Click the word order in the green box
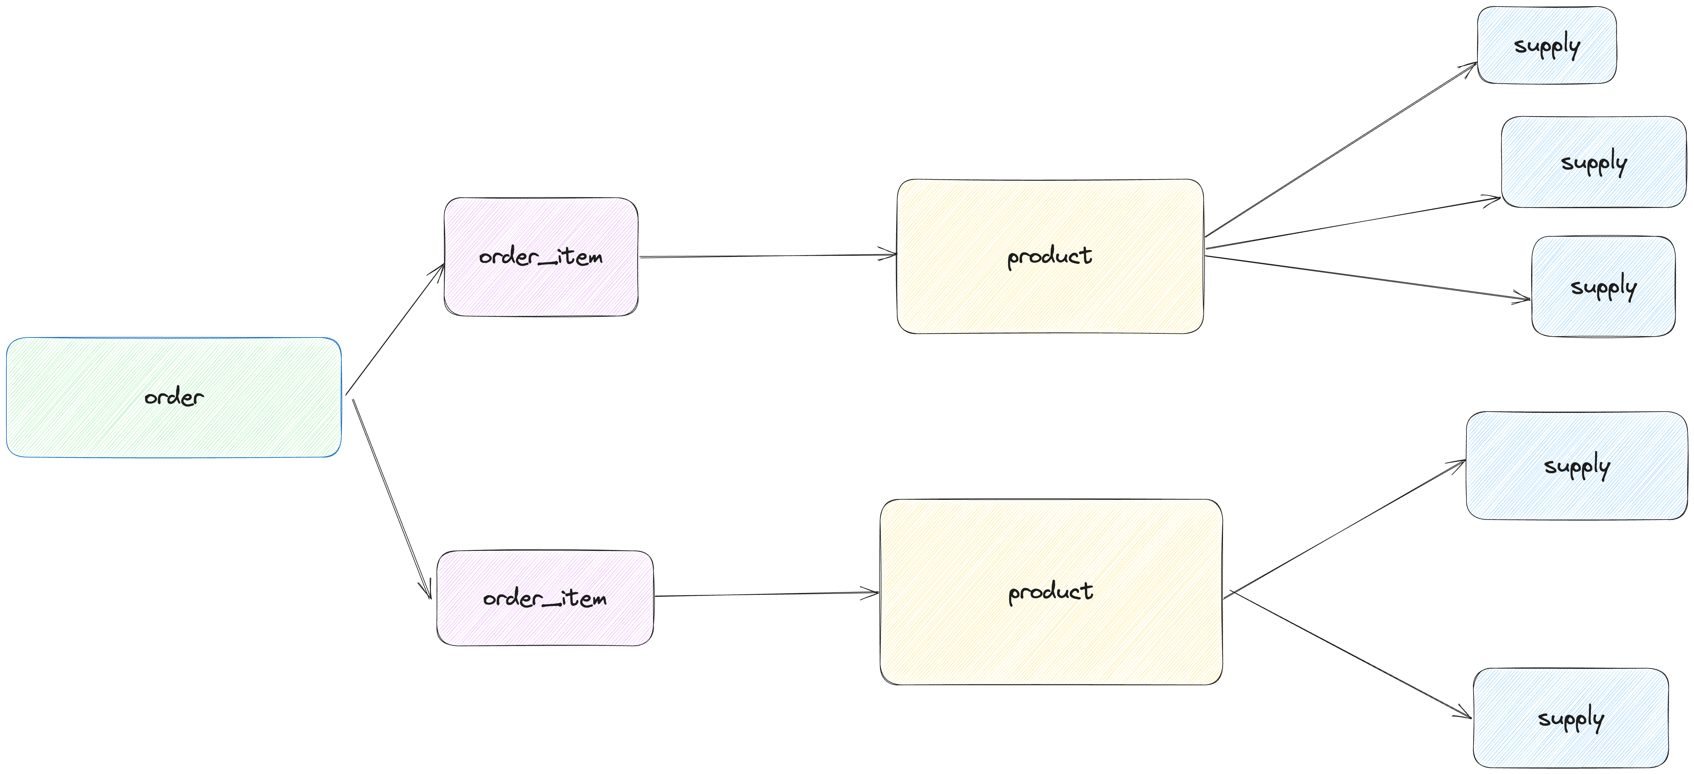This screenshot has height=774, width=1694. (174, 397)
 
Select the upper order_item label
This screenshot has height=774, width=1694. (541, 256)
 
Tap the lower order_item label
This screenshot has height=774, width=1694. (544, 598)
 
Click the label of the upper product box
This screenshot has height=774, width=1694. (1050, 256)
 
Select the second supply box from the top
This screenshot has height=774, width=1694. (1593, 162)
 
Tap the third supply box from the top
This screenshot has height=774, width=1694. (1603, 287)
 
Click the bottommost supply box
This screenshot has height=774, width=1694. (1571, 718)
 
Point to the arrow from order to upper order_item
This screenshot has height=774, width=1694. (394, 330)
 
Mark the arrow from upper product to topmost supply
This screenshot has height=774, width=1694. (1342, 150)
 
